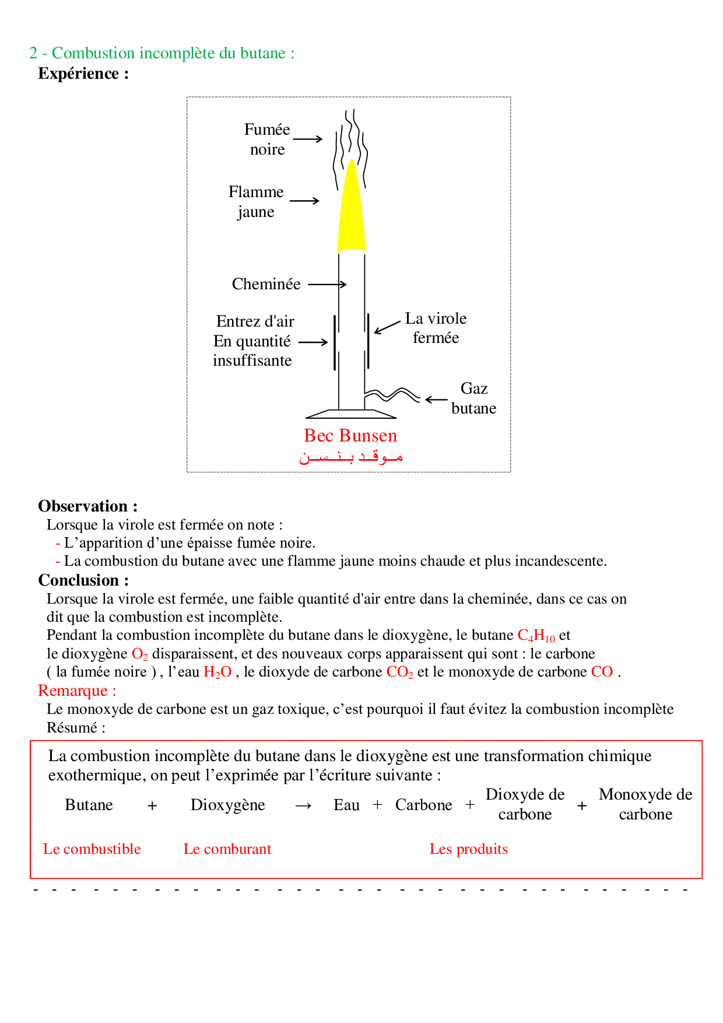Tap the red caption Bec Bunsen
(x=350, y=436)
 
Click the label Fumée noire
(x=267, y=139)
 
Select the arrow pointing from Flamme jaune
(x=304, y=201)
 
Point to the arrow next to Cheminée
(x=327, y=285)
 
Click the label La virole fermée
(x=436, y=328)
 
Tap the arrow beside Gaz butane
(x=436, y=400)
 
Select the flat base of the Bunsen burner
(x=351, y=414)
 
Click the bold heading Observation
(x=87, y=506)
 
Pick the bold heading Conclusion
(x=83, y=580)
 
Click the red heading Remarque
(x=77, y=691)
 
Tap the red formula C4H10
(x=536, y=636)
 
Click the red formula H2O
(x=217, y=672)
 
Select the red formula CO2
(x=399, y=672)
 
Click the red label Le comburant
(x=227, y=849)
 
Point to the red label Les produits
(x=469, y=849)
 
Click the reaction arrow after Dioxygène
(x=303, y=806)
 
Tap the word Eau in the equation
(x=346, y=805)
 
